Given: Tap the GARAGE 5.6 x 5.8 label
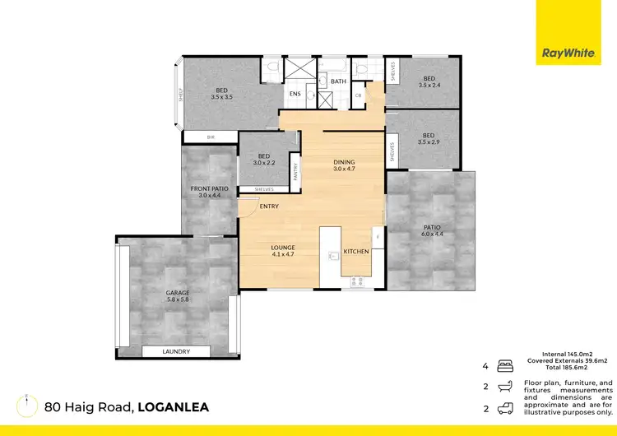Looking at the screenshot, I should point(177,296).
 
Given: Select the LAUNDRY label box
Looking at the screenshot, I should point(176,351).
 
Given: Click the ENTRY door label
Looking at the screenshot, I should point(268,206).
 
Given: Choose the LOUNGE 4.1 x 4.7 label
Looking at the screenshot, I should point(283,251).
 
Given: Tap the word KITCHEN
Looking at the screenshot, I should point(355,250).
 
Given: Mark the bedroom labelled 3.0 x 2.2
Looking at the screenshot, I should point(263,160).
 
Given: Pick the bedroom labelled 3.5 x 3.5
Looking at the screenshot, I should point(221,94).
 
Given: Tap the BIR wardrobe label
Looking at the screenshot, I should point(210,137).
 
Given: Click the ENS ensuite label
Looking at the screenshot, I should point(295,94).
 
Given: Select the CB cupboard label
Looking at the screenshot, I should point(358,95).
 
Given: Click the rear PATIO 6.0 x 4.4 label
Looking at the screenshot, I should point(431,230).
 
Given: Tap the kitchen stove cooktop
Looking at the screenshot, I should point(358,281).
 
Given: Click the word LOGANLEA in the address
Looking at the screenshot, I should point(174,406).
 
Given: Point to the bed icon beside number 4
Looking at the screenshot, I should point(505,365).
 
